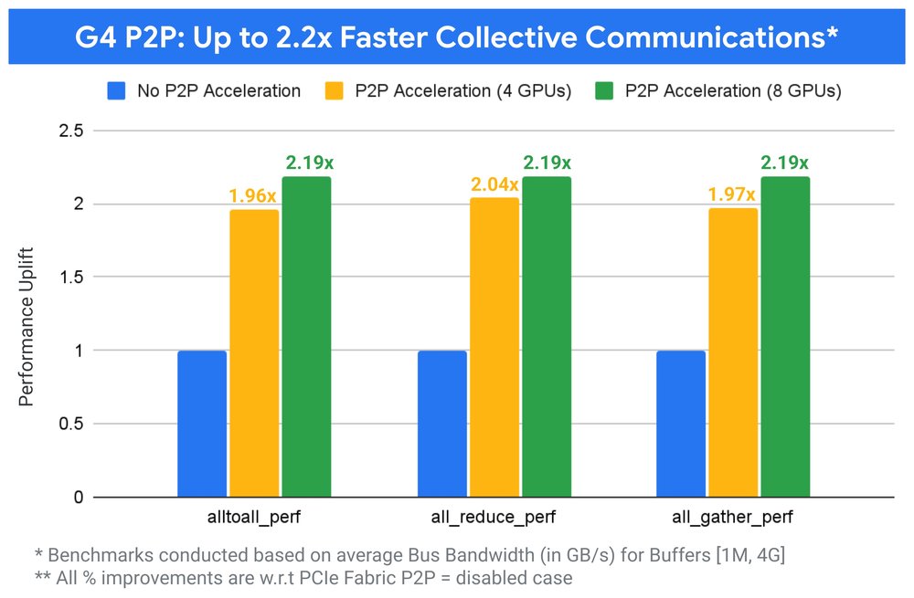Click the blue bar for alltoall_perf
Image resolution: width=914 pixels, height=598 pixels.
202,425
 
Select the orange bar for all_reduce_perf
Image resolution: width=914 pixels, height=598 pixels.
494,348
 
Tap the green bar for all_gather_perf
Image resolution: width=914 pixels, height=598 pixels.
785,337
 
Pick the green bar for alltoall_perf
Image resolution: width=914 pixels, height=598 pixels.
306,337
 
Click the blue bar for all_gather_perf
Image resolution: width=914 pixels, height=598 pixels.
681,425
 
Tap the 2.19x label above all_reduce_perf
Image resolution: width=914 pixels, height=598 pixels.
547,163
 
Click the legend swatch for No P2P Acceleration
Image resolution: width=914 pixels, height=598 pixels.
116,90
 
